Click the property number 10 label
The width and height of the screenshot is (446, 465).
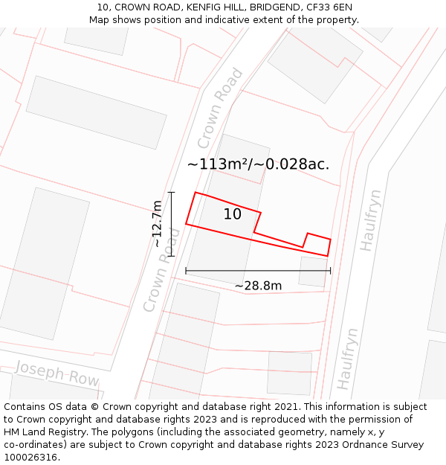(233, 214)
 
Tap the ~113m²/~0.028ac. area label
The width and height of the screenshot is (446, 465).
(258, 164)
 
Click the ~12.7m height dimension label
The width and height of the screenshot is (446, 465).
(158, 224)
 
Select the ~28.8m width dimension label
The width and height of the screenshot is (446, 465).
(258, 286)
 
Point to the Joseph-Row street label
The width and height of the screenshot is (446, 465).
(57, 373)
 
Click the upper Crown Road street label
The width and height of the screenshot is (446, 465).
(220, 109)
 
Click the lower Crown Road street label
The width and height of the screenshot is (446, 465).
(162, 269)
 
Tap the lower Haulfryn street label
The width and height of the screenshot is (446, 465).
(348, 358)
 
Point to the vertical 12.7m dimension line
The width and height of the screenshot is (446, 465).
(172, 224)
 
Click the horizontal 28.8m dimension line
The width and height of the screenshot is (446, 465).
(258, 271)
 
